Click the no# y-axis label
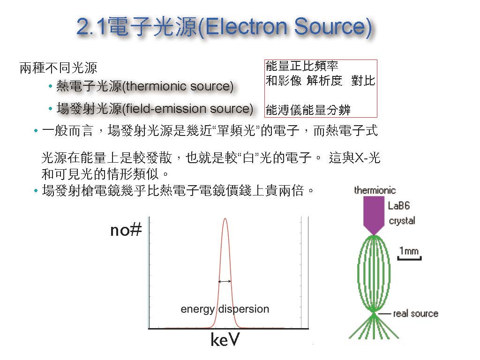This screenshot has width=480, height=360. (126, 230)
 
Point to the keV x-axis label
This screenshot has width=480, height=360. (225, 339)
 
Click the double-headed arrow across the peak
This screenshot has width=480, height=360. (225, 281)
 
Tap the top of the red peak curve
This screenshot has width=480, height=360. (225, 218)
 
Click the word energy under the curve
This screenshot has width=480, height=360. (197, 309)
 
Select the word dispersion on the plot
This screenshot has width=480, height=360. (244, 309)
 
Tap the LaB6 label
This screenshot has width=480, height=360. (398, 205)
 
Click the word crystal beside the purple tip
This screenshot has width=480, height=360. (402, 221)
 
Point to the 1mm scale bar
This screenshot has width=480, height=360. (409, 259)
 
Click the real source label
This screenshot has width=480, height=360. (415, 314)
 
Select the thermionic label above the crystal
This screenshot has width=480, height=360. (375, 190)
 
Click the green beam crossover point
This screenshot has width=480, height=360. (374, 313)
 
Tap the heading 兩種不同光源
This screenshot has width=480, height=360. (59, 68)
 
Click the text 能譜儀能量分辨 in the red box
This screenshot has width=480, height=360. (308, 110)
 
